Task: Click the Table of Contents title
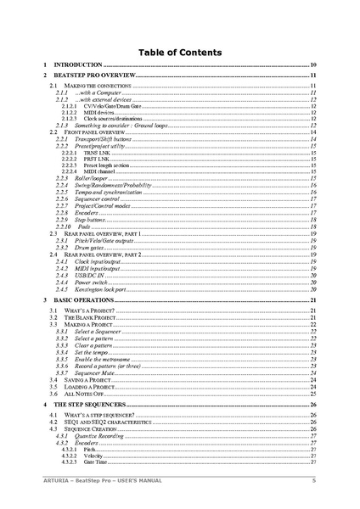179,52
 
